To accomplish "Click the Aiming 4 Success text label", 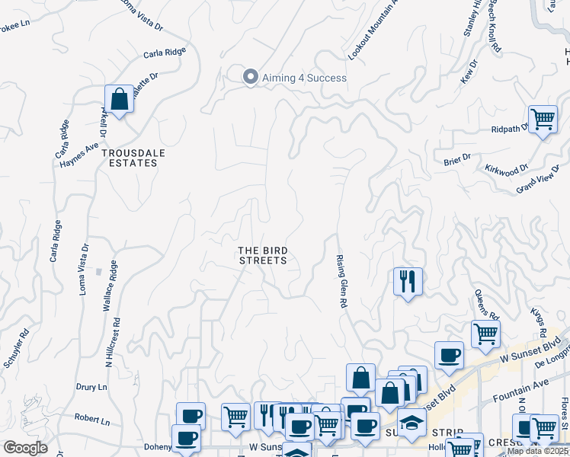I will (304, 78).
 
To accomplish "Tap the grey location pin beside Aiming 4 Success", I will (249, 77).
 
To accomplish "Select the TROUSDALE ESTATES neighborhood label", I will (135, 158).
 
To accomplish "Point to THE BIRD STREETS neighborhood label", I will (262, 255).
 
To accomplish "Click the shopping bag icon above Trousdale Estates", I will (119, 100).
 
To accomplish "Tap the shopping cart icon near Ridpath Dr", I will (543, 120).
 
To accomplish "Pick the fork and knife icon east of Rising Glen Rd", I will (408, 281).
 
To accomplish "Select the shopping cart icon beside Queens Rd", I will (485, 333).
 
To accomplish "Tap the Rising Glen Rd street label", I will (342, 282).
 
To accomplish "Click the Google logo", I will (24, 448).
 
